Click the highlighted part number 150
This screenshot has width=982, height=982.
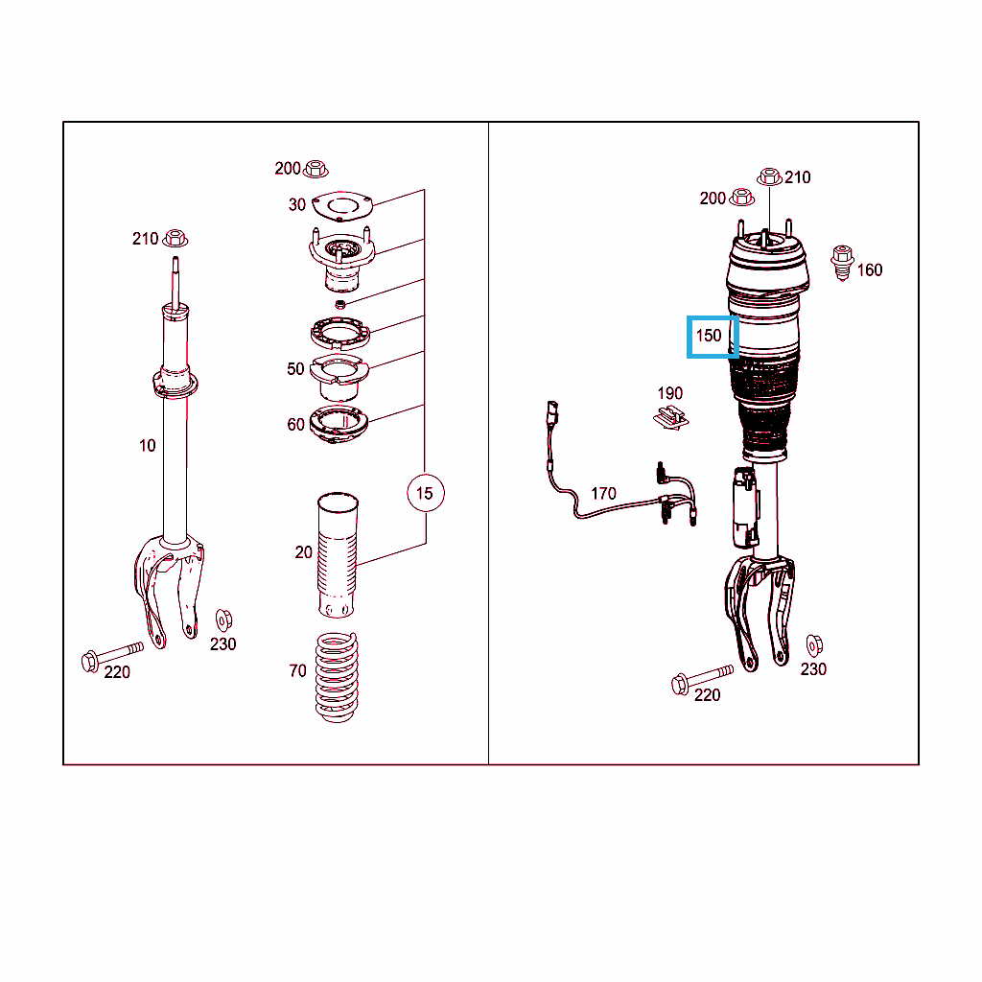click(x=709, y=336)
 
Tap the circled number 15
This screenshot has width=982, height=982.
click(x=425, y=494)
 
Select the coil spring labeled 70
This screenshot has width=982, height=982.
click(x=337, y=678)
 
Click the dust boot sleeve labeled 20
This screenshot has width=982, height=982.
click(x=338, y=555)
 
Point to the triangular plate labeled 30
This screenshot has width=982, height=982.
click(x=342, y=206)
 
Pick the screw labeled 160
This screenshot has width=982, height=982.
click(x=842, y=263)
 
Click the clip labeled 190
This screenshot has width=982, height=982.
click(x=670, y=417)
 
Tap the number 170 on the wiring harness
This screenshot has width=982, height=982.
click(x=603, y=494)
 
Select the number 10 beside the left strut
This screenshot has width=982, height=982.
click(x=147, y=445)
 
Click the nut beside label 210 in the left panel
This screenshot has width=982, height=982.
click(x=175, y=239)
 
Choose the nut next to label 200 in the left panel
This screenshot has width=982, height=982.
click(x=315, y=169)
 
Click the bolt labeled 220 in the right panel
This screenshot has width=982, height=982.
click(x=701, y=679)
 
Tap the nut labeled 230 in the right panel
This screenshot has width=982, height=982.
click(x=814, y=645)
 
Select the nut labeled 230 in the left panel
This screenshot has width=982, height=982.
click(x=223, y=620)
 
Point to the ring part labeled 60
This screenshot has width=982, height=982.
click(x=339, y=425)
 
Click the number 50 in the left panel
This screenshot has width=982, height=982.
click(x=295, y=369)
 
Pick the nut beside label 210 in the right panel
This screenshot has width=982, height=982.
click(x=769, y=177)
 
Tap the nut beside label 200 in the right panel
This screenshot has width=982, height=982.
click(x=741, y=198)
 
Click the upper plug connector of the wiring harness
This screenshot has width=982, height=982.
click(x=552, y=412)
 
